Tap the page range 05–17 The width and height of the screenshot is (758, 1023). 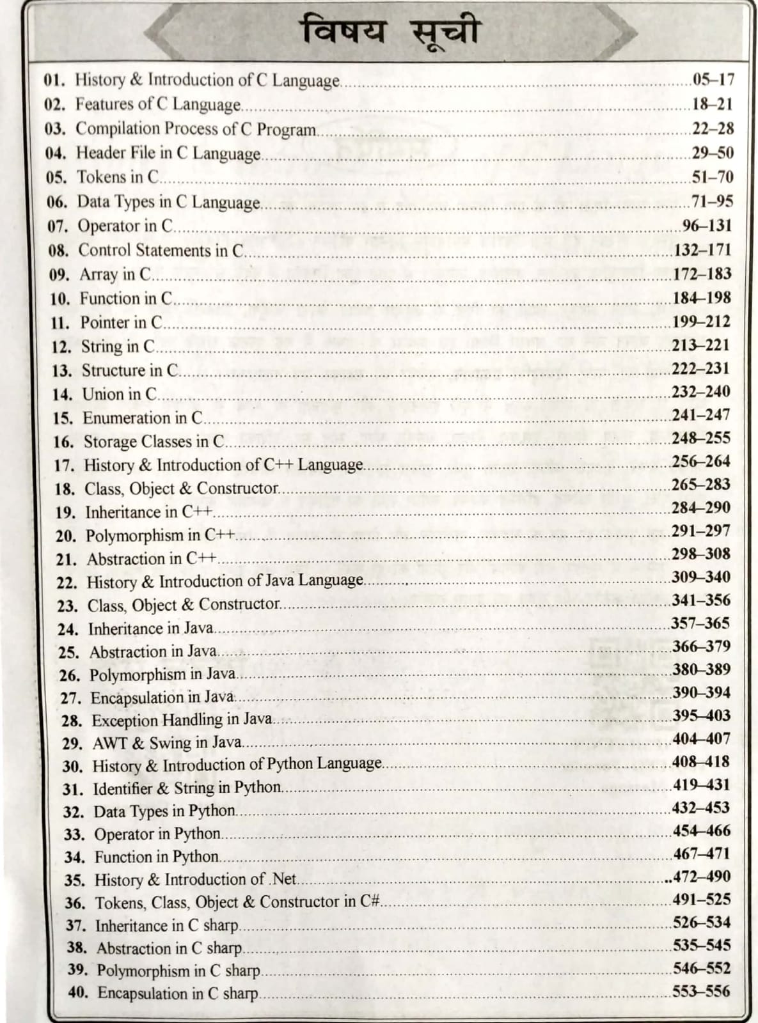point(713,80)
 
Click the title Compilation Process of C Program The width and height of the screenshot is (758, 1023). point(196,129)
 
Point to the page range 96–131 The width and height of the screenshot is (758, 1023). point(706,226)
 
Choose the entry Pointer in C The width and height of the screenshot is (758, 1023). point(122,323)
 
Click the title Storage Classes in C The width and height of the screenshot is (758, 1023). point(154,442)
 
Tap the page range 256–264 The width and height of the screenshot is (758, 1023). point(701,462)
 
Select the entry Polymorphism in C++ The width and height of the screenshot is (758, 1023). point(160,535)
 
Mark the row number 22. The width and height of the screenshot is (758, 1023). point(67,583)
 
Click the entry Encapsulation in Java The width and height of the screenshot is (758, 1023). point(162,698)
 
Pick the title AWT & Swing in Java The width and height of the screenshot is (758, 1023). point(167,744)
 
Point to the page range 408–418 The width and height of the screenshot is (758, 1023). point(701,762)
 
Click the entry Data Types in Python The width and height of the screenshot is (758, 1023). point(164,811)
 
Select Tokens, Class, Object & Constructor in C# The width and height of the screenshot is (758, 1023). point(237,903)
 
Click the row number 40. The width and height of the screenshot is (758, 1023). point(78,994)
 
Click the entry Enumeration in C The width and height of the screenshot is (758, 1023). point(143,419)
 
